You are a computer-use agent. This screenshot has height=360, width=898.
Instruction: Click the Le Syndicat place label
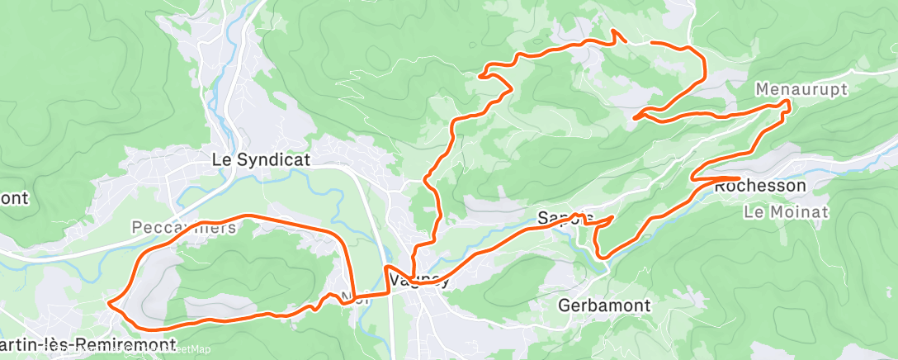[261, 160]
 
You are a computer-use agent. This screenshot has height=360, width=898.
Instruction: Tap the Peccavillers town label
[183, 226]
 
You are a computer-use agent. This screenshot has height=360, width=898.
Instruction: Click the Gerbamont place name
[604, 306]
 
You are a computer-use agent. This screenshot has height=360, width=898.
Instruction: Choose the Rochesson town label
[759, 187]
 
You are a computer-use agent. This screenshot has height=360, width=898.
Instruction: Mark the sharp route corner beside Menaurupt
[788, 102]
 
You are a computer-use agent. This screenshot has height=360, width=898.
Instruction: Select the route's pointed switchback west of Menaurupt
[635, 118]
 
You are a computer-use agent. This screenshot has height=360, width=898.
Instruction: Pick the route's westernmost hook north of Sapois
[480, 75]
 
